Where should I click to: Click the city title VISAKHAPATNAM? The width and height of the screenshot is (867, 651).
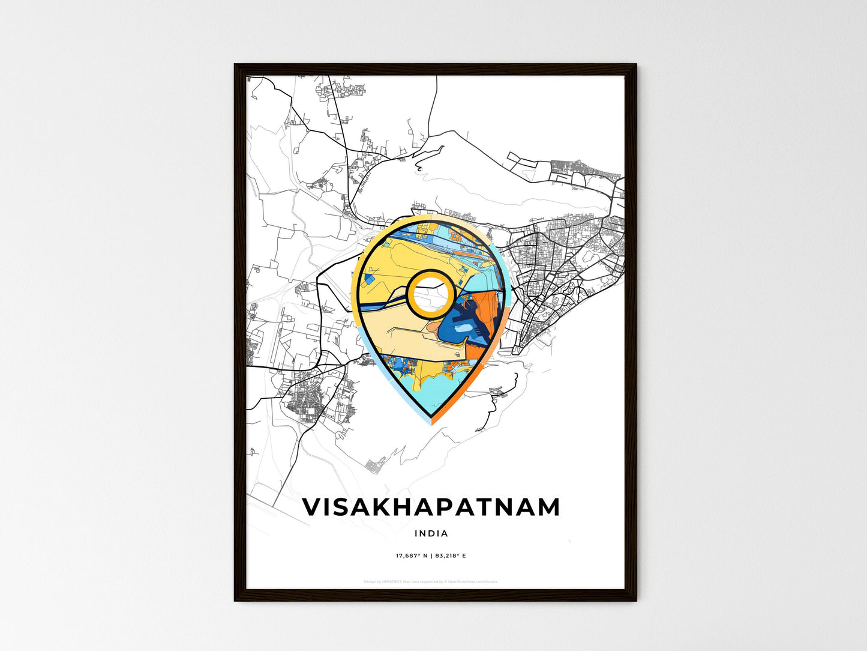pyautogui.click(x=431, y=507)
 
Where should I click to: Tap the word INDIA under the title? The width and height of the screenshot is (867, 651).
pyautogui.click(x=431, y=533)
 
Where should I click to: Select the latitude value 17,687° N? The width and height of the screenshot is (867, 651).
pyautogui.click(x=411, y=556)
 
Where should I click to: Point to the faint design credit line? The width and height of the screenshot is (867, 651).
pyautogui.click(x=431, y=581)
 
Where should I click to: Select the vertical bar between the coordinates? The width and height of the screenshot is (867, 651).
pyautogui.click(x=431, y=556)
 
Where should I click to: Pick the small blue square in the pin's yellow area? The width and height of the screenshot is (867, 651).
pyautogui.click(x=370, y=277)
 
